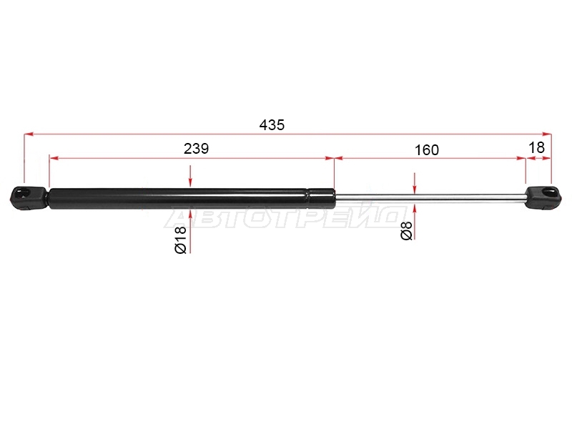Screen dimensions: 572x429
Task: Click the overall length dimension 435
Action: tap(272, 125)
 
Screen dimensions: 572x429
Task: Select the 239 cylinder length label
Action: tap(196, 149)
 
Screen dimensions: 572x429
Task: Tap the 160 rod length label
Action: tap(427, 150)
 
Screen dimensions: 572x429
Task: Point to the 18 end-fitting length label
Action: tap(536, 148)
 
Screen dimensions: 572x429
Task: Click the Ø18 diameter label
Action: tap(181, 240)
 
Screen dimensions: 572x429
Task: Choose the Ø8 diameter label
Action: tap(406, 230)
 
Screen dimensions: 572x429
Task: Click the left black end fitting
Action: tap(29, 198)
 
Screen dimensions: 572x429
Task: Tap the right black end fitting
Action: tap(543, 197)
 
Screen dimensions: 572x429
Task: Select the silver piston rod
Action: tap(430, 197)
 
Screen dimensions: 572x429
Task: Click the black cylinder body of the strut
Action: tap(192, 199)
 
